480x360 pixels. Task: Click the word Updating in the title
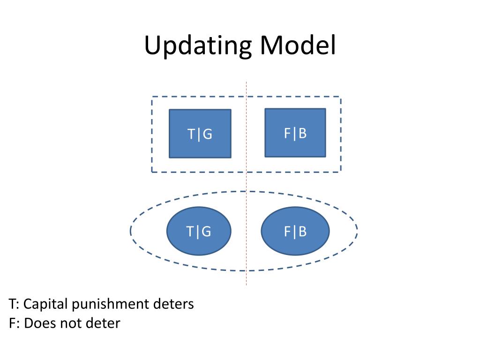click(198, 46)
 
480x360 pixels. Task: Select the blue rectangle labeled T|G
click(200, 134)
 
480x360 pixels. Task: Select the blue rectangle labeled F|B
click(295, 133)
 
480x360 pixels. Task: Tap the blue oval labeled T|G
click(199, 231)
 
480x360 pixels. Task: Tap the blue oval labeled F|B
click(295, 231)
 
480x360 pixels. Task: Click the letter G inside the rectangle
click(208, 134)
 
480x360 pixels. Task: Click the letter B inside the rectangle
click(302, 133)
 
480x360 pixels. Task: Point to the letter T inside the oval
click(190, 232)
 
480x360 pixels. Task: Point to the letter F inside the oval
click(287, 232)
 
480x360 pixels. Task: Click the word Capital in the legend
click(45, 304)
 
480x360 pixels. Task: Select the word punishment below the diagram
click(111, 304)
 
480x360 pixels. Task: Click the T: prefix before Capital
click(14, 304)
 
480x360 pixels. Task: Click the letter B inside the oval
click(302, 232)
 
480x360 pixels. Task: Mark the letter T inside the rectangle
click(191, 134)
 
